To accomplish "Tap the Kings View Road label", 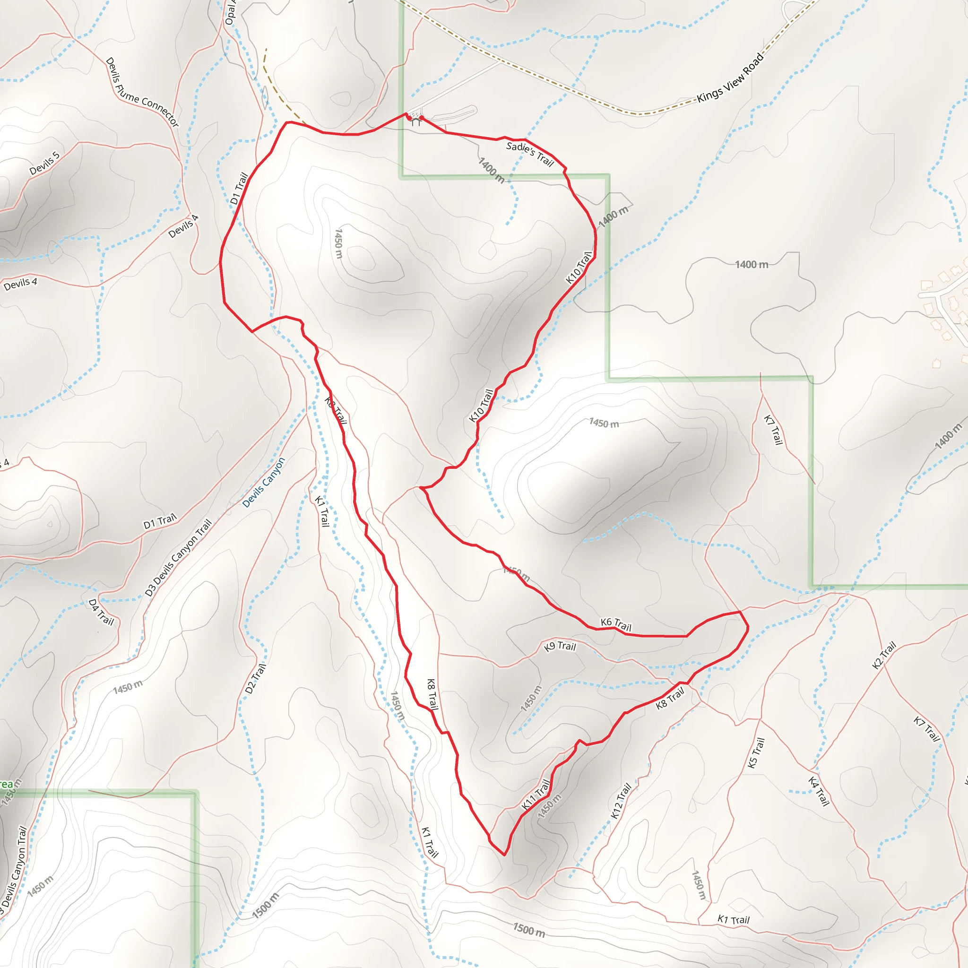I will click(x=731, y=78).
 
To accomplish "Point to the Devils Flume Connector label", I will click(x=142, y=92).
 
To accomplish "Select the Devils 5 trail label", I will click(x=44, y=163).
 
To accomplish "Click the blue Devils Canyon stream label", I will click(x=264, y=482).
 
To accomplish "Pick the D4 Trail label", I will click(x=101, y=612).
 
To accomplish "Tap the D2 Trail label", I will click(x=256, y=679).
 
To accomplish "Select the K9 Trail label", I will click(x=560, y=646).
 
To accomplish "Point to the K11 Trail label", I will click(x=536, y=795).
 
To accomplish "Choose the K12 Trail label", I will click(x=621, y=801).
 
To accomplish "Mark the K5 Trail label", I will click(x=756, y=752).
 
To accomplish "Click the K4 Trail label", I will click(x=819, y=791).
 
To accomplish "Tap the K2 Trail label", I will click(x=884, y=655).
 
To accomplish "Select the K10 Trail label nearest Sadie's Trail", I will click(x=579, y=268).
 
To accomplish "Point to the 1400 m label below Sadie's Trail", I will click(x=491, y=170).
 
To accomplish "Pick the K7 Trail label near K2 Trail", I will click(x=926, y=729).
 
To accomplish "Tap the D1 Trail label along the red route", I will click(x=239, y=189).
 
